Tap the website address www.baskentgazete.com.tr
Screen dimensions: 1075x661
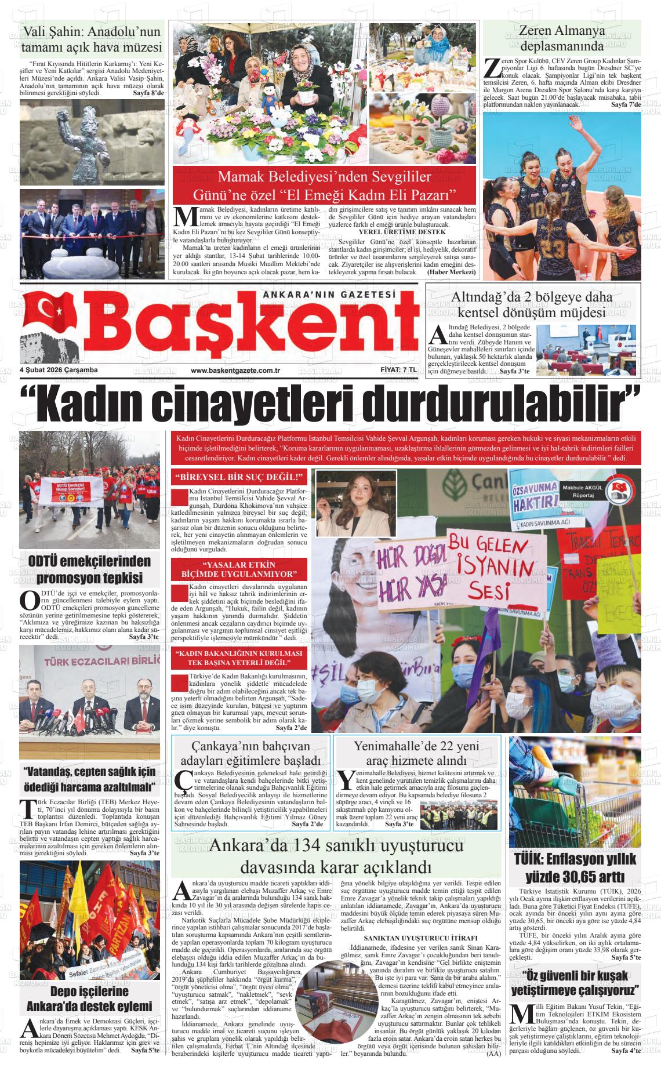point(235,371)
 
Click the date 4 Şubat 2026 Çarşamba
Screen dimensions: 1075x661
point(59,371)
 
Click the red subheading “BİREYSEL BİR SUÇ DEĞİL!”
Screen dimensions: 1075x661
point(239,478)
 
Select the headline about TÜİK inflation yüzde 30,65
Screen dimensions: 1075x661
point(575,867)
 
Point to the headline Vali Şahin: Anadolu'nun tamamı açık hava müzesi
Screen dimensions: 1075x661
point(91,39)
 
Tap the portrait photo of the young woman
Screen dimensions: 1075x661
point(355,503)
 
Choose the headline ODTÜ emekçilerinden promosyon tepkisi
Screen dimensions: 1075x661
point(89,569)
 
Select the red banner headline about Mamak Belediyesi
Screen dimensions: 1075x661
point(324,185)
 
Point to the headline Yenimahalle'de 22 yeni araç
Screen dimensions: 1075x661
point(418,753)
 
